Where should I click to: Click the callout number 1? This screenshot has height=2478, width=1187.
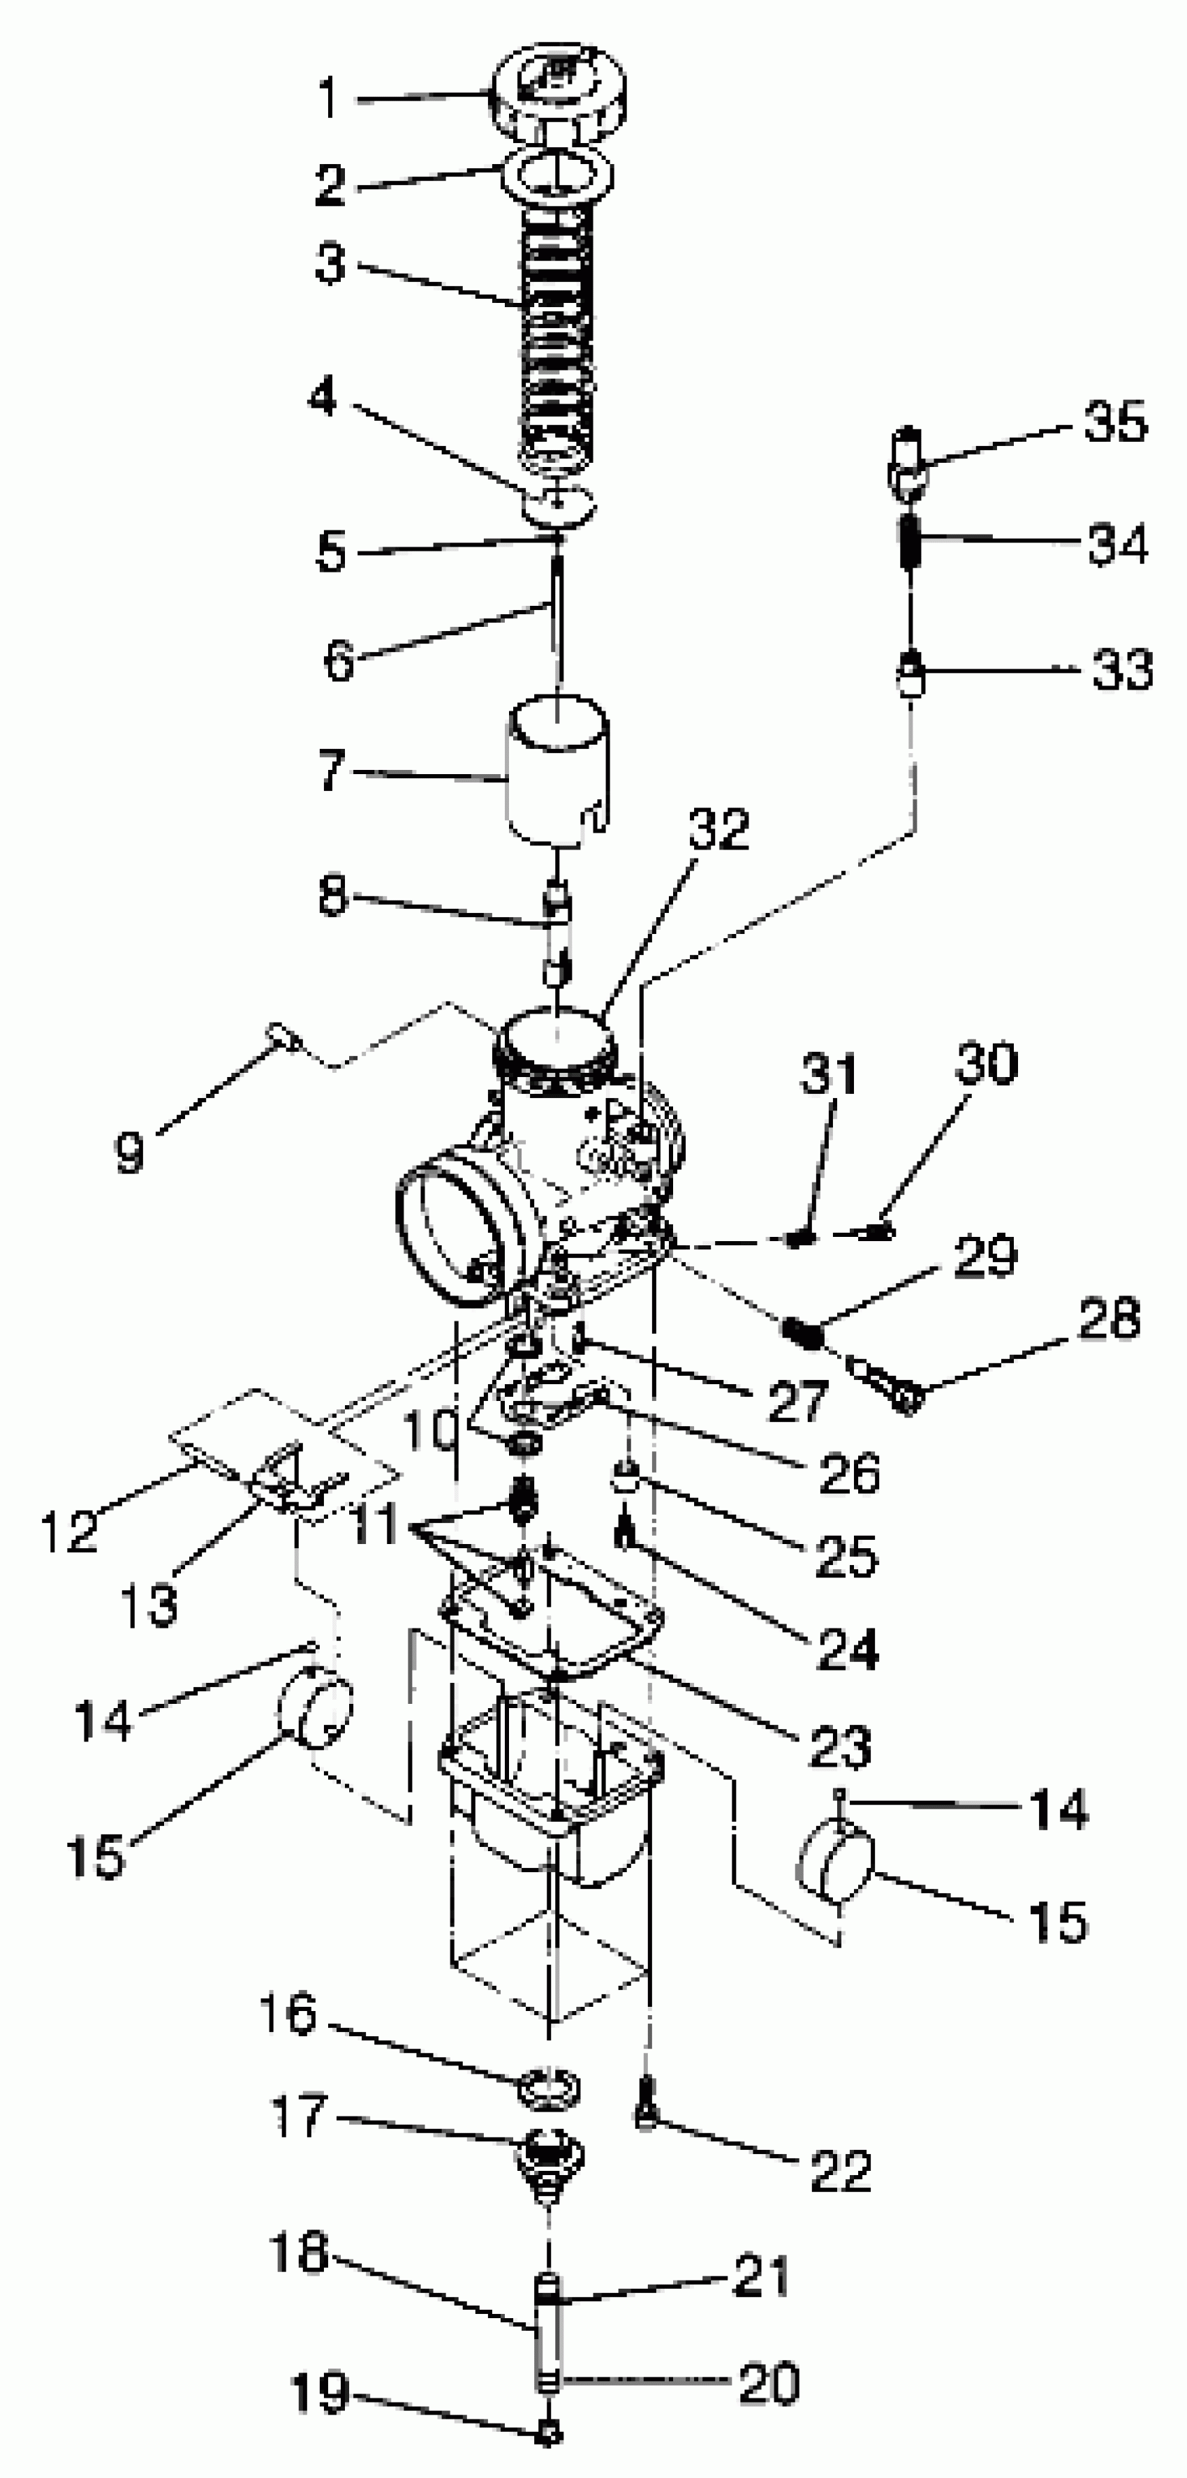click(329, 98)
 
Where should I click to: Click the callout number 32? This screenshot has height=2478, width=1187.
click(718, 829)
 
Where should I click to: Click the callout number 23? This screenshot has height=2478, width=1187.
click(840, 1746)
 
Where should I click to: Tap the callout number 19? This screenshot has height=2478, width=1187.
click(318, 2391)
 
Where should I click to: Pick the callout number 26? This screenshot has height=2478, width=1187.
click(849, 1472)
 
